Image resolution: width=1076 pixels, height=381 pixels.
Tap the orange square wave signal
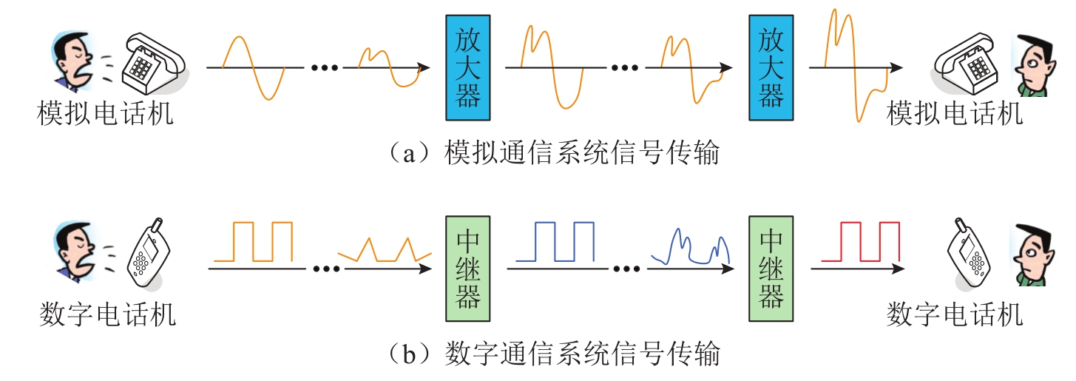(253, 240)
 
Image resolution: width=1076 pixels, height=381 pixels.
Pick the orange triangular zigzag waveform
(385, 250)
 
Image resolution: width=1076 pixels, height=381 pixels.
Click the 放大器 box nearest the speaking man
(467, 68)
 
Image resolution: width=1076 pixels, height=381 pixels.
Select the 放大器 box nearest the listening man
(771, 68)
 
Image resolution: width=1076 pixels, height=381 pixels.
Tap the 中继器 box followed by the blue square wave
(467, 269)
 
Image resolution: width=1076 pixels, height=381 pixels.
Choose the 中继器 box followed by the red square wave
(771, 269)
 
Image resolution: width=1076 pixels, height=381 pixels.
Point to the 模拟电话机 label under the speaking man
(106, 115)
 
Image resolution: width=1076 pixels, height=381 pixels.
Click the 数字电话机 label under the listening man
(955, 315)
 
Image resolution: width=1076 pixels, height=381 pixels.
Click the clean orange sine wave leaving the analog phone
(254, 67)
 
